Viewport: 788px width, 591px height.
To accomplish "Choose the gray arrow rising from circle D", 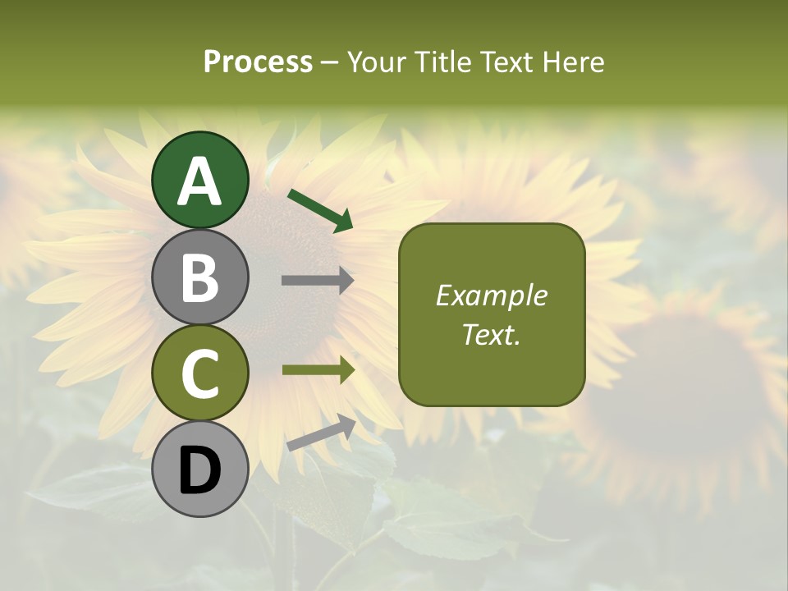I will pos(321,433).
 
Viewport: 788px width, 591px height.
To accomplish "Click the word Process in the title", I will pos(258,62).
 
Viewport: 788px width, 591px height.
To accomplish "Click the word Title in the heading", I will pos(441,62).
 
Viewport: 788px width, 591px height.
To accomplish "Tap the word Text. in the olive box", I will pos(491,335).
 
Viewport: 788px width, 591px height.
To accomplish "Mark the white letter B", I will pos(199,277).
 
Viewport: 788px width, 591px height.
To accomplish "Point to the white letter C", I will pos(199,373).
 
